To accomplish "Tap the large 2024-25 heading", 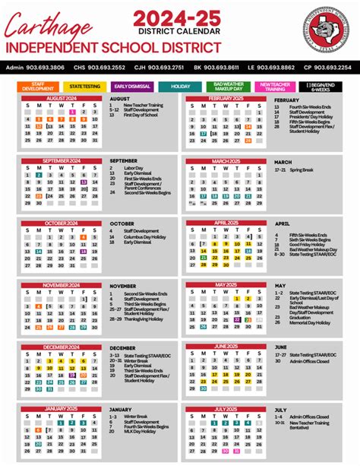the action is pos(181,18).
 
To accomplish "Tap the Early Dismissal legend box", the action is pos(133,87).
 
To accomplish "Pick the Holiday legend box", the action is pos(180,87).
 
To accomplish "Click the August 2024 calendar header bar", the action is pos(62,99).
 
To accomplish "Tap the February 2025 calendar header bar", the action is pos(226,99).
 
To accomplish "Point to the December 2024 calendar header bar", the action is pos(62,346).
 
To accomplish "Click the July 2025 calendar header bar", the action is pos(226,408).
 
